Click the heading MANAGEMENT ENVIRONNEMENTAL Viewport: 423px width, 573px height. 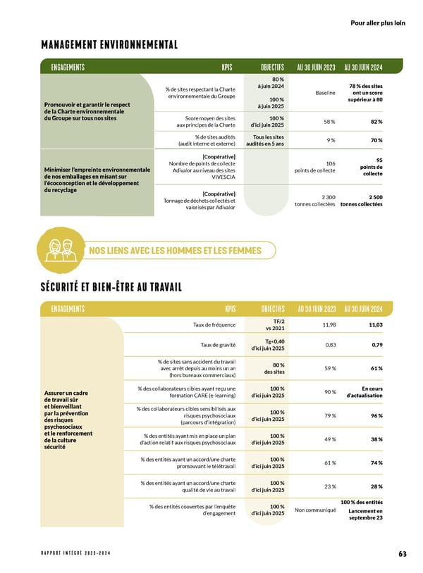pyautogui.click(x=109, y=46)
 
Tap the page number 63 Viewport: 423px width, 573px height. pyautogui.click(x=402, y=554)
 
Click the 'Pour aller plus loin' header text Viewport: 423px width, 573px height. pyautogui.click(x=378, y=23)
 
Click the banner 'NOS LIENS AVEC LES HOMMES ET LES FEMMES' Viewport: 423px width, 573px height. pyautogui.click(x=174, y=251)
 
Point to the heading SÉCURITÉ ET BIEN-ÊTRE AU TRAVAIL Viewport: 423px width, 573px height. pyautogui.click(x=111, y=286)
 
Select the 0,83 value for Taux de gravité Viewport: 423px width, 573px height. pyautogui.click(x=330, y=345)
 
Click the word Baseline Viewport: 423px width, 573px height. pyautogui.click(x=323, y=93)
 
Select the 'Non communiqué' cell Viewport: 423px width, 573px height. pyautogui.click(x=316, y=510)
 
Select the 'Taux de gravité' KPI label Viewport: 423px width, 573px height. pyautogui.click(x=218, y=345)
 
